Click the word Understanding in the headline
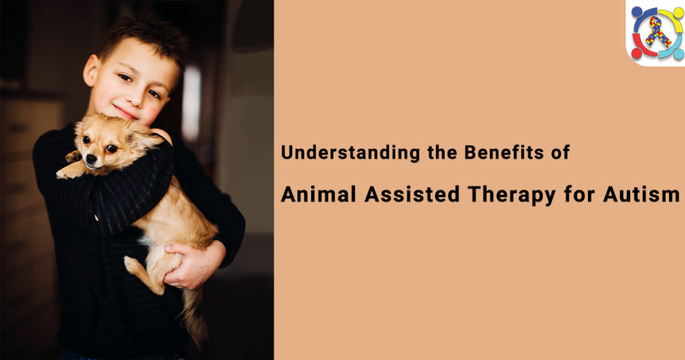(330, 153)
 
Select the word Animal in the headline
(318, 194)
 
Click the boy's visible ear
(90, 70)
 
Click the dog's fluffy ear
(144, 138)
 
